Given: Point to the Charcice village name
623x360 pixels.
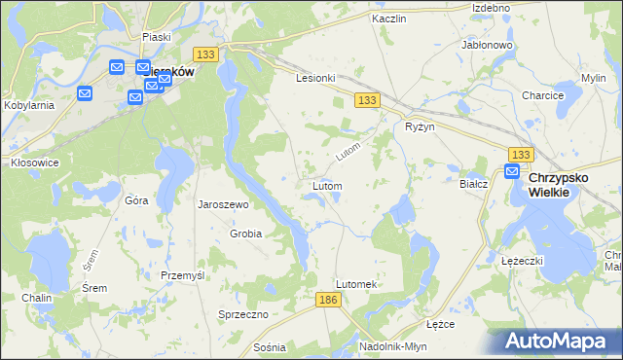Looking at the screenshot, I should pyautogui.click(x=543, y=95).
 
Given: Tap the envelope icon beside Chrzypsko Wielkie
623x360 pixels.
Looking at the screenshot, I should pyautogui.click(x=512, y=172).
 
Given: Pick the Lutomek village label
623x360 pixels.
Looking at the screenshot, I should pyautogui.click(x=355, y=283).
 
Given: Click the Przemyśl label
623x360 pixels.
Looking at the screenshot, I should pyautogui.click(x=182, y=275).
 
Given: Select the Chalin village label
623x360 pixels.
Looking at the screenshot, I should pyautogui.click(x=36, y=298).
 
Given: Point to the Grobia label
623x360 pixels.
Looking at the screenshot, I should pyautogui.click(x=245, y=234).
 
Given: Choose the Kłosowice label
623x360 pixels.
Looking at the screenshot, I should pyautogui.click(x=34, y=162).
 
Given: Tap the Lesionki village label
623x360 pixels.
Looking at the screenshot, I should pyautogui.click(x=316, y=79).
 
